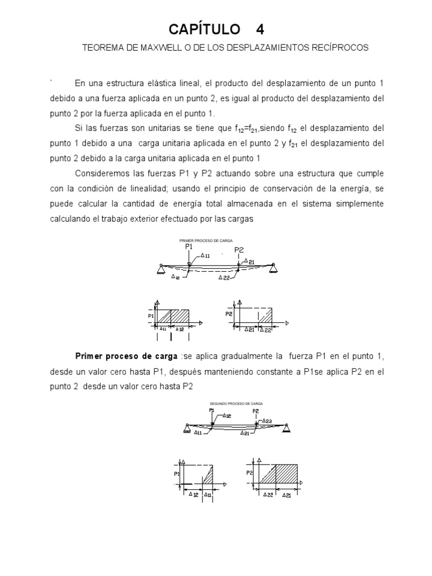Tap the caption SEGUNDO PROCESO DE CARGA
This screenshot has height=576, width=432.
click(x=236, y=404)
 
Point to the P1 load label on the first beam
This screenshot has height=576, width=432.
click(x=188, y=246)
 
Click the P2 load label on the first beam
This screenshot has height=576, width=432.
click(x=238, y=250)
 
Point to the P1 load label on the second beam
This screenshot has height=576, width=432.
click(x=211, y=411)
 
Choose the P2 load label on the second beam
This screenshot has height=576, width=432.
click(x=255, y=411)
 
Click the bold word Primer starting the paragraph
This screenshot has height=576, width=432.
click(x=89, y=356)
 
